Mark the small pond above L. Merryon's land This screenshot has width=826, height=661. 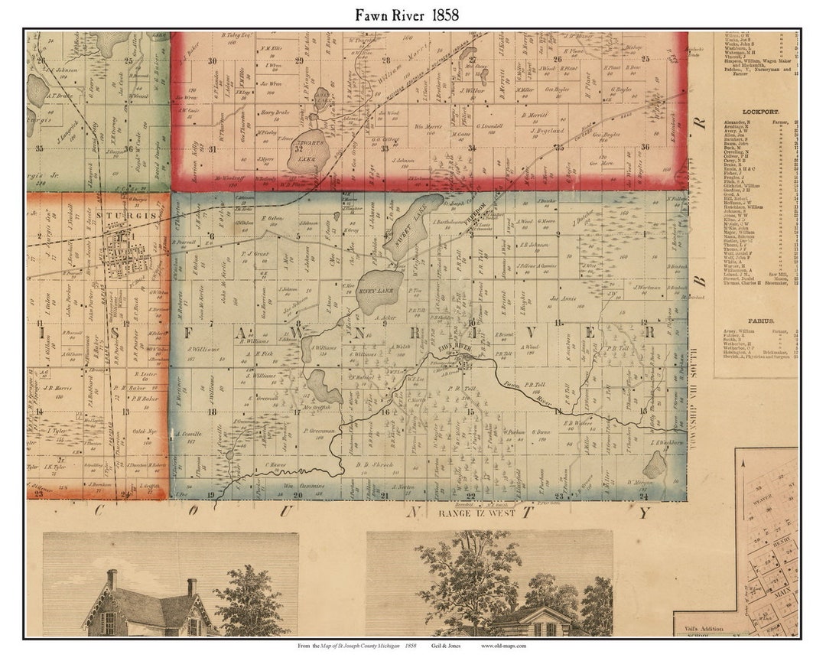click(x=654, y=464)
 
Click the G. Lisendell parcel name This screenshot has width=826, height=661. click(x=487, y=125)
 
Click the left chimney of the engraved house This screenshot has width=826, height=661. click(x=112, y=579)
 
